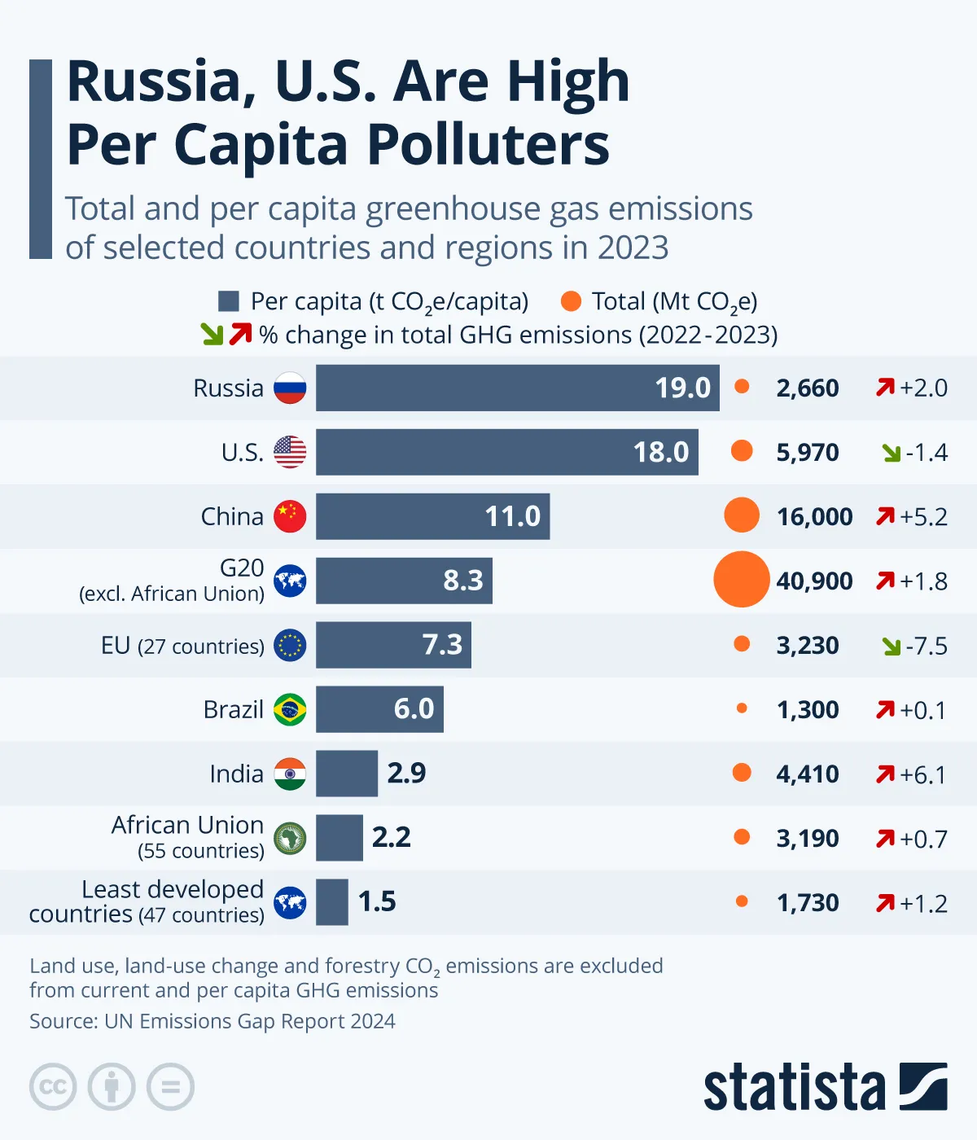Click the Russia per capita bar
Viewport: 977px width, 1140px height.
pos(517,388)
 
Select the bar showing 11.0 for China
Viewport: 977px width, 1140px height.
pos(432,516)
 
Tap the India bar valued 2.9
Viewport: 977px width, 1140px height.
pos(347,774)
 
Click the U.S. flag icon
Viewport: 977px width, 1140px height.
pos(290,452)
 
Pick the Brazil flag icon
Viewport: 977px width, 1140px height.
pos(290,709)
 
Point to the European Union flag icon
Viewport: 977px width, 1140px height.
pos(290,645)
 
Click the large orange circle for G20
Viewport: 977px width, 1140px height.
pos(741,580)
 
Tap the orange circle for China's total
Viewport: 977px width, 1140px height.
pos(741,515)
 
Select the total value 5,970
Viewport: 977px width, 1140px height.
pos(807,453)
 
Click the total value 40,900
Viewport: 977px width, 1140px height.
pos(814,581)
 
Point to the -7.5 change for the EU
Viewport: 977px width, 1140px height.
pos(926,646)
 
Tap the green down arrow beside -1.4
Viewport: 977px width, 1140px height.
pos(892,453)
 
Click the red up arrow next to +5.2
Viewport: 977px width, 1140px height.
pos(885,516)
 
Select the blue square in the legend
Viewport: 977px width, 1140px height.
pos(229,301)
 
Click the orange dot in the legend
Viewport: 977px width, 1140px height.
pos(572,301)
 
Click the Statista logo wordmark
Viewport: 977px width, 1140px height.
pos(794,1087)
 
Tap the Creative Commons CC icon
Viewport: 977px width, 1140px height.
pos(53,1087)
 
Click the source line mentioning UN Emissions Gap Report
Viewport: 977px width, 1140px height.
pos(212,1021)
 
